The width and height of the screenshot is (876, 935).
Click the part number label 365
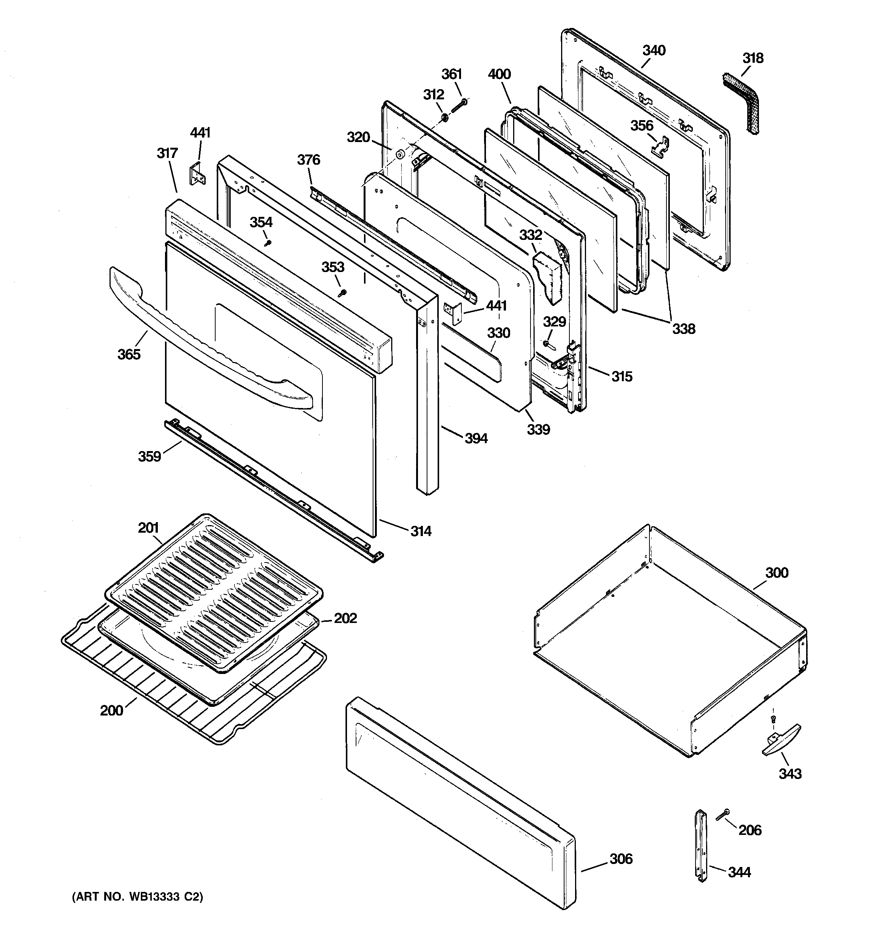pos(129,354)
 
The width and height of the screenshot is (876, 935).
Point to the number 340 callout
pos(654,50)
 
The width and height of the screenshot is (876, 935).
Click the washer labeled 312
pos(444,116)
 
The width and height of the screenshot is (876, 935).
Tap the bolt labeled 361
pos(459,106)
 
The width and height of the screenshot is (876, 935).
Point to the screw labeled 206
pos(723,816)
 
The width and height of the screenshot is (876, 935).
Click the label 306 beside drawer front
pos(621,859)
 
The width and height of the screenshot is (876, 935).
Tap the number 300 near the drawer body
pos(776,572)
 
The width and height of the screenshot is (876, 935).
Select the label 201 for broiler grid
pos(148,528)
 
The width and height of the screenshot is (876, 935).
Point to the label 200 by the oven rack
pos(111,710)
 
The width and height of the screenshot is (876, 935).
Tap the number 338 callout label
pos(683,329)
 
